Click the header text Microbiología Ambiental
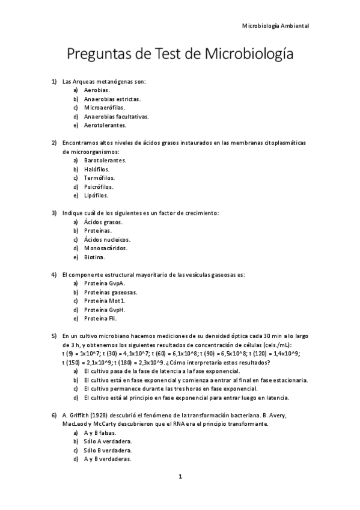(275, 26)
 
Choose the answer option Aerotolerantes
(105, 125)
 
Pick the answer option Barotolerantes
(105, 161)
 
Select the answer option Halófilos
(97, 170)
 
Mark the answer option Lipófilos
(96, 195)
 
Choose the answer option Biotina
(94, 257)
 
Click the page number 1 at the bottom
(180, 477)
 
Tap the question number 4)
(54, 275)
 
